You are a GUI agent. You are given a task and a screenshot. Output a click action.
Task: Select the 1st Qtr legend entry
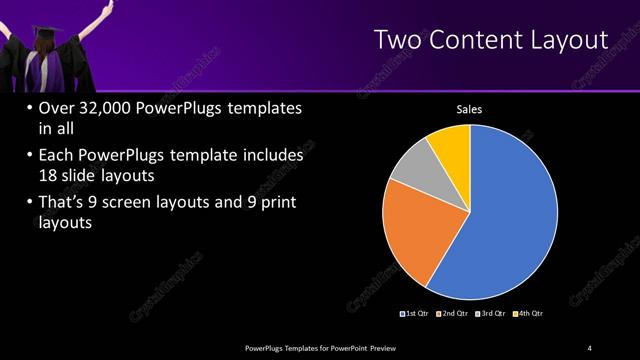click(x=416, y=313)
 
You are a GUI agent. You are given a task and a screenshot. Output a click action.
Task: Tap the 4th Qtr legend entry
click(x=530, y=313)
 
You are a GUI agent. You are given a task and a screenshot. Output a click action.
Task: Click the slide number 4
click(x=590, y=347)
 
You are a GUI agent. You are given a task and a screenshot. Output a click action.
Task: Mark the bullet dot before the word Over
click(x=27, y=109)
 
